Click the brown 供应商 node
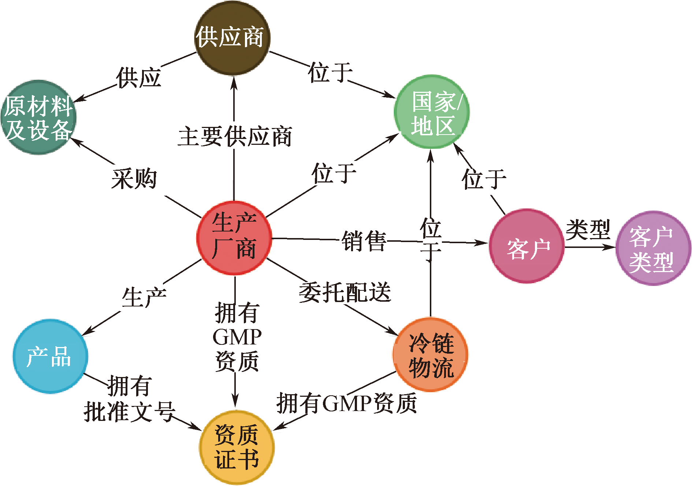tap(232, 37)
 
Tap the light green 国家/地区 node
tap(432, 112)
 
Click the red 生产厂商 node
tap(234, 238)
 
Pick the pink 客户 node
tap(527, 246)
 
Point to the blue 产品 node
tap(50, 356)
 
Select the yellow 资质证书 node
tap(237, 447)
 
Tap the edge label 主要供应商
tap(235, 136)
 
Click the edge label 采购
tap(134, 179)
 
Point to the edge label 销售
tap(364, 241)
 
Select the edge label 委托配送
tap(345, 293)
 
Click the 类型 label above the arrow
tap(588, 229)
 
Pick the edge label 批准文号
tap(129, 411)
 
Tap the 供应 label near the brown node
tap(139, 78)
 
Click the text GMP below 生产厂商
tap(237, 337)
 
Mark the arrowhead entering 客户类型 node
tap(611, 247)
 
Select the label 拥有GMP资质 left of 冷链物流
tap(346, 403)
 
